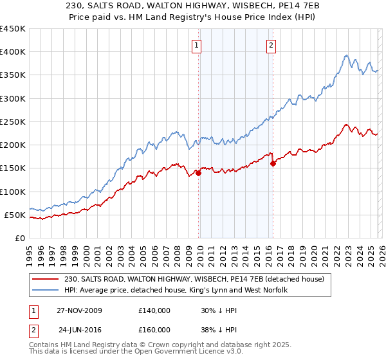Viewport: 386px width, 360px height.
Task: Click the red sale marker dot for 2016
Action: (x=273, y=163)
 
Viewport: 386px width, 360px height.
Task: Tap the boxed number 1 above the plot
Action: (x=196, y=45)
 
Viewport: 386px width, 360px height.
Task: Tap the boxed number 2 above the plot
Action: (x=271, y=45)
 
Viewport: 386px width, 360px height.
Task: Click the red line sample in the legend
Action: (x=46, y=279)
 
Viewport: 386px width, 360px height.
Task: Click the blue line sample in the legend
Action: (x=46, y=291)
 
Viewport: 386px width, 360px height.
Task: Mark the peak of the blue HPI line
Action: (x=347, y=55)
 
